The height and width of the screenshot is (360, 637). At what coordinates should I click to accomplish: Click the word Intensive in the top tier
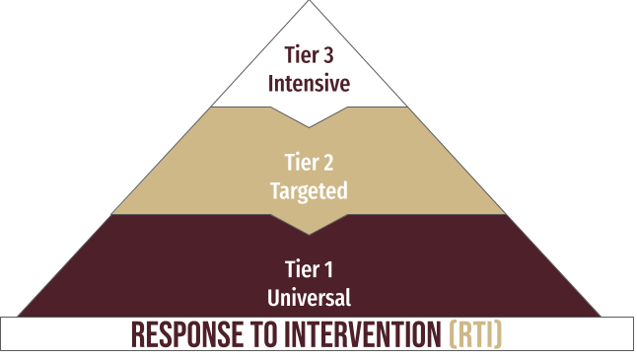click(310, 84)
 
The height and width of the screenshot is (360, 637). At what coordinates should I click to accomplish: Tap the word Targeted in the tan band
click(310, 191)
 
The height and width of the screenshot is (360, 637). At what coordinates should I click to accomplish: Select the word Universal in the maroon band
click(310, 296)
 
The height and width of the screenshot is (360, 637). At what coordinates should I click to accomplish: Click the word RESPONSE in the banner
click(186, 336)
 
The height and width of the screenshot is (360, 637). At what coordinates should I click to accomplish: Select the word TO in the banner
click(260, 336)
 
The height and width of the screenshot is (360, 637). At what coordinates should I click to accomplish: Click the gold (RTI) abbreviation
click(474, 336)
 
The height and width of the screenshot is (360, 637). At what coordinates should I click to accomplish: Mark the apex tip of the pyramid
click(310, 3)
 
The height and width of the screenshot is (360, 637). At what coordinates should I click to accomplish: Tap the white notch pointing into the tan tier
click(310, 121)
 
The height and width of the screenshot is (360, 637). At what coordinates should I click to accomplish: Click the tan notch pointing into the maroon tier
click(310, 228)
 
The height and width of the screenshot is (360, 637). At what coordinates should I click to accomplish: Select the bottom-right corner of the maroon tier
click(601, 315)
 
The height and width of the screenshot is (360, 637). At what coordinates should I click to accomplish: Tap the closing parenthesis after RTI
click(499, 336)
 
